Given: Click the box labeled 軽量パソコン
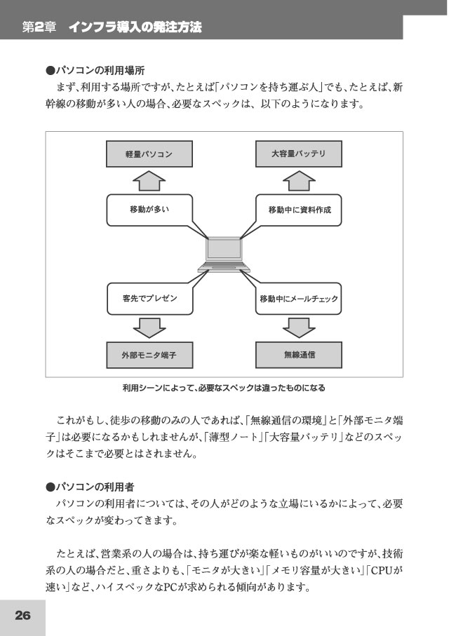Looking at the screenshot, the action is tap(149, 154).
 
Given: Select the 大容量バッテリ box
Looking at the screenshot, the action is tap(298, 154).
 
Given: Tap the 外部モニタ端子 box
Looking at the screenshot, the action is tap(149, 355).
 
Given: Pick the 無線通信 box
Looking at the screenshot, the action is tap(299, 355).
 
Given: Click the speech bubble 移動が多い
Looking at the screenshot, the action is tap(149, 210).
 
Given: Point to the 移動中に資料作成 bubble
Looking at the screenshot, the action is tap(299, 210).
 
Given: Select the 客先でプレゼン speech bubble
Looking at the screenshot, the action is tap(149, 299).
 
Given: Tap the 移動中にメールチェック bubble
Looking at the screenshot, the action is tap(299, 299).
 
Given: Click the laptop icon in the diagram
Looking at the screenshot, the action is tap(224, 255).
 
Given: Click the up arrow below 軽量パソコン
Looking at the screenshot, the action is tap(149, 181).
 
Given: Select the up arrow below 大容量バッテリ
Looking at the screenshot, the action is tap(299, 181).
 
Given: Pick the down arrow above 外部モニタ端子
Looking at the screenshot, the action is tap(149, 327).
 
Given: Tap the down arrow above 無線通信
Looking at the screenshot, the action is tap(299, 327).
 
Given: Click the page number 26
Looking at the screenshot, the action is tap(22, 615).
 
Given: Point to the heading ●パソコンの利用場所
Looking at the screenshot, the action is tap(95, 71).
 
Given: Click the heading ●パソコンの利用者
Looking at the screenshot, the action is tap(90, 487).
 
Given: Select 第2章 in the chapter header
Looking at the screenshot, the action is tap(39, 27).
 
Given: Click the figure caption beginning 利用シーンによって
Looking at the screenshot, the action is tap(224, 388).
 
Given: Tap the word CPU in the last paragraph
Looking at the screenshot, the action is tap(382, 570).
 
